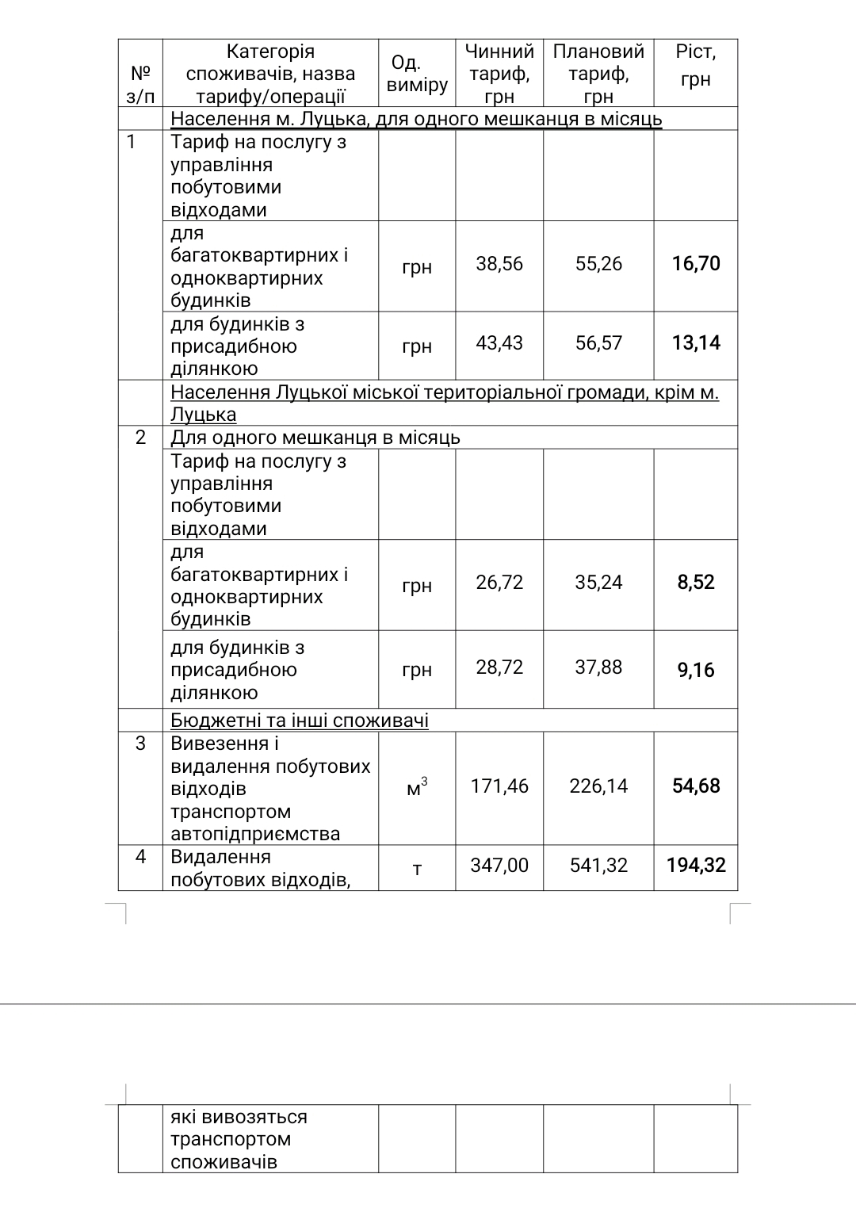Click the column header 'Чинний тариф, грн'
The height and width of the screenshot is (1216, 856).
pyautogui.click(x=499, y=74)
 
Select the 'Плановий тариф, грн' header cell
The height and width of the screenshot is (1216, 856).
pyautogui.click(x=598, y=74)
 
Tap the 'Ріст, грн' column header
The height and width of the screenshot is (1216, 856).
pyautogui.click(x=695, y=66)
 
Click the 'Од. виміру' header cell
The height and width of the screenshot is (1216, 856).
pyautogui.click(x=417, y=74)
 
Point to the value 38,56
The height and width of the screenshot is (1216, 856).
pyautogui.click(x=499, y=264)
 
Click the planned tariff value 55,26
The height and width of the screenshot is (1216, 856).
pyautogui.click(x=598, y=264)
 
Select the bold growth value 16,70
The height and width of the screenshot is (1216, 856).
pyautogui.click(x=696, y=264)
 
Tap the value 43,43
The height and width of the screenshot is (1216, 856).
pyautogui.click(x=499, y=343)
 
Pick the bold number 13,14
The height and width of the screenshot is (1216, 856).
pyautogui.click(x=696, y=343)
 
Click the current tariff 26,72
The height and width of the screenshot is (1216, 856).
pyautogui.click(x=499, y=583)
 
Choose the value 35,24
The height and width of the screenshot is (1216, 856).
pyautogui.click(x=598, y=583)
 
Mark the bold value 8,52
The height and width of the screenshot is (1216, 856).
pyautogui.click(x=696, y=583)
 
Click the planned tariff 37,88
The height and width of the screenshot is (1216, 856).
pyautogui.click(x=598, y=667)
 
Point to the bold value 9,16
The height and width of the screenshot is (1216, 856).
pyautogui.click(x=696, y=671)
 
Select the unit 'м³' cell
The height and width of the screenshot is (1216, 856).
pyautogui.click(x=417, y=787)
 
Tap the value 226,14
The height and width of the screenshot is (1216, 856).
pyautogui.click(x=598, y=786)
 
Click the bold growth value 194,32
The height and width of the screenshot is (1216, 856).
pyautogui.click(x=696, y=866)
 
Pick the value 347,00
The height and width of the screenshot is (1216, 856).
pyautogui.click(x=499, y=866)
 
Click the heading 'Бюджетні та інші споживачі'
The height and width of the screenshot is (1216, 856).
pyautogui.click(x=300, y=721)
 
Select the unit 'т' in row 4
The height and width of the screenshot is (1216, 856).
pyautogui.click(x=417, y=869)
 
